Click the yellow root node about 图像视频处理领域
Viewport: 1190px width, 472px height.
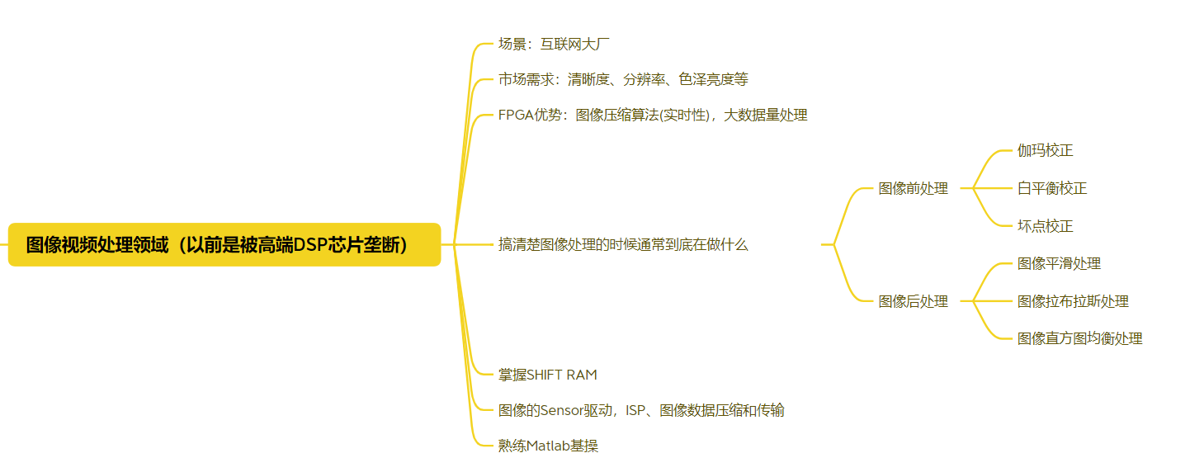(x=224, y=245)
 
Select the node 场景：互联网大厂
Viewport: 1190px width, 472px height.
(x=554, y=44)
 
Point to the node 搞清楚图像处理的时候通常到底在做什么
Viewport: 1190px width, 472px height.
(x=623, y=244)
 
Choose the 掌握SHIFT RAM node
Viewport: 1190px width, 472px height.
(x=547, y=375)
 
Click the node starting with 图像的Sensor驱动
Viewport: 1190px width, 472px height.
(x=640, y=410)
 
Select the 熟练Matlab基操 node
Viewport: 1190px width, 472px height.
(x=548, y=446)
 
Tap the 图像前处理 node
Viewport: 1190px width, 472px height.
(x=913, y=188)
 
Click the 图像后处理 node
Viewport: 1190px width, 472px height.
(x=913, y=301)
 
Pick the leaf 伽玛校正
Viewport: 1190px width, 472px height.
(x=1045, y=150)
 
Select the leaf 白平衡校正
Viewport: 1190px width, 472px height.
(x=1052, y=188)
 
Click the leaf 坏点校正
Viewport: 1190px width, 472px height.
(x=1045, y=226)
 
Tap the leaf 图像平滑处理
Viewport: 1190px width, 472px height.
(x=1059, y=263)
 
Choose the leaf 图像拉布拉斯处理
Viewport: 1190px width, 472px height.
(x=1073, y=301)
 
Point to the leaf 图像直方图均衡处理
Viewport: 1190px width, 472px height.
(x=1079, y=338)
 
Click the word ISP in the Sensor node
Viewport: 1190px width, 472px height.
(x=635, y=410)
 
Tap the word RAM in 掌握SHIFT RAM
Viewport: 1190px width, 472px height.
(x=581, y=375)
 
